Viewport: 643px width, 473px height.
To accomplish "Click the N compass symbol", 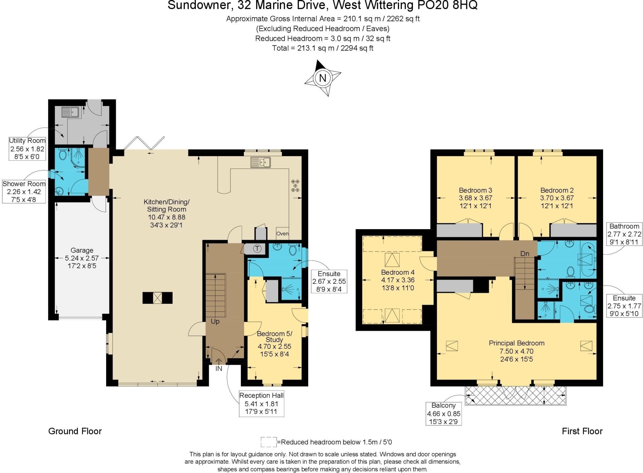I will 322,78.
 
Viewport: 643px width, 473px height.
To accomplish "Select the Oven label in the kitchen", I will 282,234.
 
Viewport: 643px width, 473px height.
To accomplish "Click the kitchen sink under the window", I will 260,162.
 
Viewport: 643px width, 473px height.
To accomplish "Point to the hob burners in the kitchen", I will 295,186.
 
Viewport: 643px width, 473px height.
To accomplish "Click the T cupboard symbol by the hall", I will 257,249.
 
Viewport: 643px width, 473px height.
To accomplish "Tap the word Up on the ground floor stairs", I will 215,321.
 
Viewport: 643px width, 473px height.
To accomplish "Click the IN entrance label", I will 219,368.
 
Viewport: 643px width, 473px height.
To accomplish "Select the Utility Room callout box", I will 27,149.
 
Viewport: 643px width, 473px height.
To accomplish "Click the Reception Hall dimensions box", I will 261,404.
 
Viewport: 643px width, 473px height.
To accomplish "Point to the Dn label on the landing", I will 525,254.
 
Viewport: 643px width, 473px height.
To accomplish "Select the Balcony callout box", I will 443,413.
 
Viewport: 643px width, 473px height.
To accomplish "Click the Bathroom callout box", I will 624,234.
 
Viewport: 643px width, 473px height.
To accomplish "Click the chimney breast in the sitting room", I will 157,298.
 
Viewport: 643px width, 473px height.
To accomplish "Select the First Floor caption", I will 582,431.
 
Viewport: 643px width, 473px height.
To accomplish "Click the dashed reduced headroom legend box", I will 268,442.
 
